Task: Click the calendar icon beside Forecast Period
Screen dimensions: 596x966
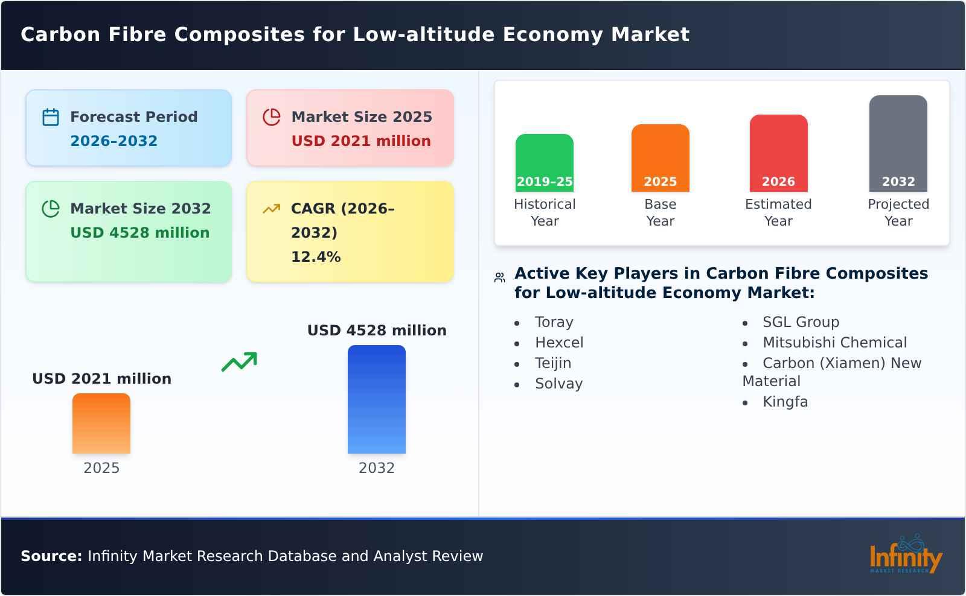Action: (51, 117)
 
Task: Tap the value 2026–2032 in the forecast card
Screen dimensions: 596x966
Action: (114, 141)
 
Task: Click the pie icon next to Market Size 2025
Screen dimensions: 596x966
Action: (272, 117)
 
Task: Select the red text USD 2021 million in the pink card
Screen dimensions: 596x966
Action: (361, 141)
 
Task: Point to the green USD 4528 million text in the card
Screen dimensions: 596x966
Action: (139, 233)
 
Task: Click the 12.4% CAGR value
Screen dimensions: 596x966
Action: (316, 257)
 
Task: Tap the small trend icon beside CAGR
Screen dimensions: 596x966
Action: (272, 209)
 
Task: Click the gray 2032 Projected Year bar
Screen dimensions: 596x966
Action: (898, 142)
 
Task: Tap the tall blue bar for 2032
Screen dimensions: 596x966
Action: (376, 399)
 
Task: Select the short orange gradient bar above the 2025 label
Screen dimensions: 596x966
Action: (101, 423)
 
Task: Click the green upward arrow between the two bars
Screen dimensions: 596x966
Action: (240, 361)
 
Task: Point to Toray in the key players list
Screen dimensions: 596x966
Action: (554, 322)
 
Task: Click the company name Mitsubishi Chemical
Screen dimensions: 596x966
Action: (834, 343)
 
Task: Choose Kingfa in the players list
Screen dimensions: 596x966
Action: (784, 402)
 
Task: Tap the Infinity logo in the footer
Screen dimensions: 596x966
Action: (905, 555)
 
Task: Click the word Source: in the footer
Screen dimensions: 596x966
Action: (51, 556)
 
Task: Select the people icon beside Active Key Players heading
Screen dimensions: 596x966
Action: (499, 277)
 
